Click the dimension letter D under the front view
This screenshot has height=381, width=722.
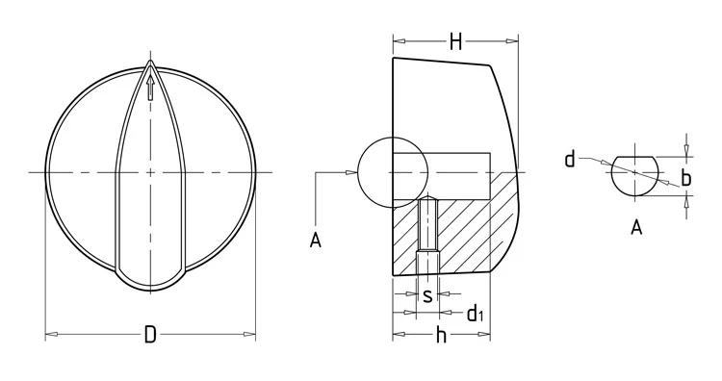click(x=150, y=335)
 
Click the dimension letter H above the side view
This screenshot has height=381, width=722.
click(x=455, y=42)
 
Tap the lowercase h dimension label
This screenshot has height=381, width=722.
click(x=441, y=335)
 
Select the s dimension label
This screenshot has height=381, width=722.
click(x=427, y=296)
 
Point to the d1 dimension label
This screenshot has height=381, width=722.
click(x=475, y=314)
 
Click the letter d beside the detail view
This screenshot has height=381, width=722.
click(x=570, y=159)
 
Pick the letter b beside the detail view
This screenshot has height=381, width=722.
click(x=686, y=178)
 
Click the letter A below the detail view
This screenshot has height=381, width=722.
click(x=636, y=227)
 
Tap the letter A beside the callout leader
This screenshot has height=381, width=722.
click(x=315, y=241)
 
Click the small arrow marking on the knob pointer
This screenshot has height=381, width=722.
click(x=150, y=88)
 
